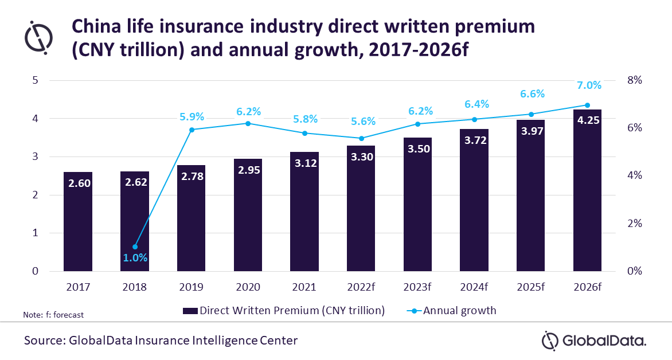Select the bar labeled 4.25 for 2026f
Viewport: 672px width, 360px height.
(x=587, y=190)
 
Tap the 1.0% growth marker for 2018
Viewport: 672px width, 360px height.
(x=135, y=246)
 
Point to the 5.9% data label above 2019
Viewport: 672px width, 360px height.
(x=192, y=116)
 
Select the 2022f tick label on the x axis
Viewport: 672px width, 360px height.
(x=361, y=287)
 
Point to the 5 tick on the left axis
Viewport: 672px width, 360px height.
(x=35, y=80)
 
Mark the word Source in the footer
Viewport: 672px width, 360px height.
(x=44, y=341)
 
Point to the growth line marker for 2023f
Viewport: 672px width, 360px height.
(x=417, y=124)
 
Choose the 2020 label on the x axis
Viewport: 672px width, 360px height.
(x=248, y=287)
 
